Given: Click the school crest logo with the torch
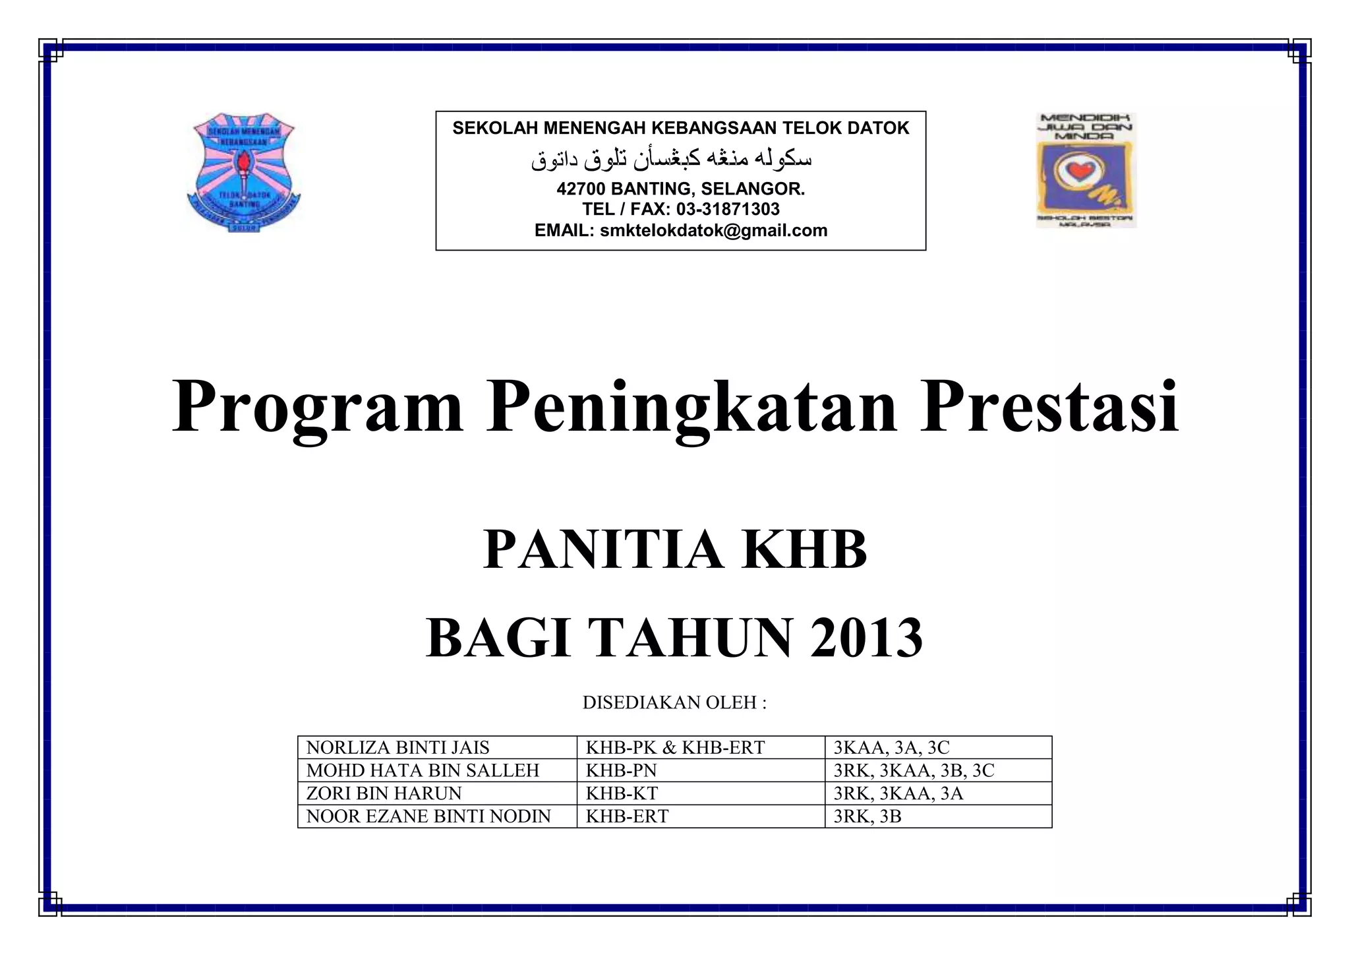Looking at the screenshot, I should point(243,171).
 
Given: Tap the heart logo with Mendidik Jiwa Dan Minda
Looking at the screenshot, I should point(1086,171).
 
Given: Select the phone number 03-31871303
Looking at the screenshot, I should point(728,209).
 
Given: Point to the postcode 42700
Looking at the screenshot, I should point(580,189).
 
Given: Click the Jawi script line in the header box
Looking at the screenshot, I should point(672,159).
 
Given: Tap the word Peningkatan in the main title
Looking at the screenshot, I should point(691,407).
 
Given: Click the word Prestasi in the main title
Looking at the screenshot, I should point(1049,407).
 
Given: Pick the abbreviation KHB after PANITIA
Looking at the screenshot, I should point(804,550).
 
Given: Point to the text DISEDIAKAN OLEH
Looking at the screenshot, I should point(674,702).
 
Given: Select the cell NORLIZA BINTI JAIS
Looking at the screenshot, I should point(398,747).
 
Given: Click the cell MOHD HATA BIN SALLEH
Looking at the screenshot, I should point(423,770).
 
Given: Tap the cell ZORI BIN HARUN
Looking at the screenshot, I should point(384,793).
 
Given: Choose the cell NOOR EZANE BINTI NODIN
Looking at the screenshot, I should point(428,816).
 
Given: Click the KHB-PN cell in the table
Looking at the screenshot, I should point(622,770).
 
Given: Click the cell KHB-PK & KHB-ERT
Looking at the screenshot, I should point(676,747).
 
